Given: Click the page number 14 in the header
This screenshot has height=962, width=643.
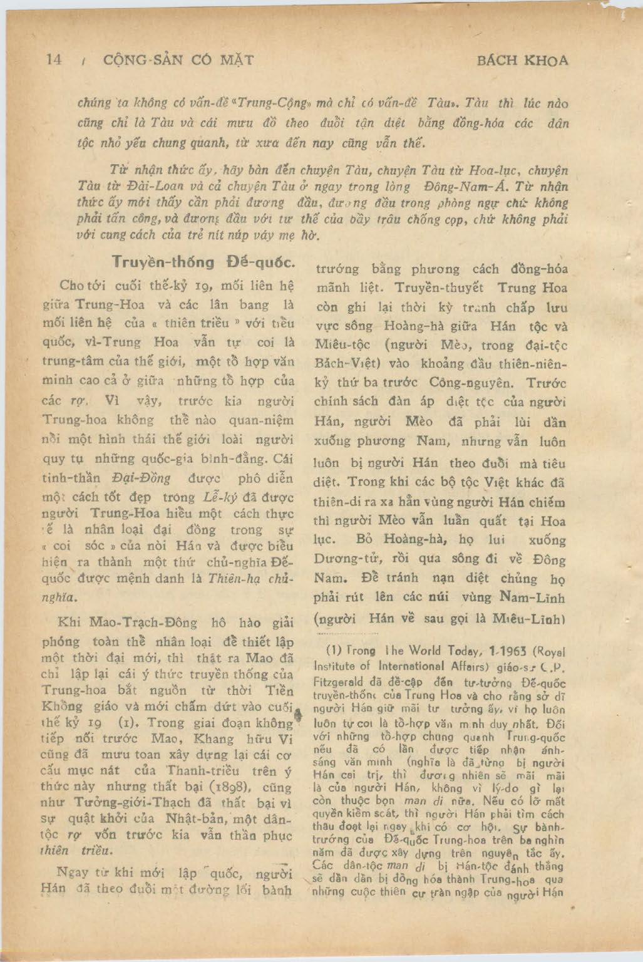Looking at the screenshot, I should (54, 60).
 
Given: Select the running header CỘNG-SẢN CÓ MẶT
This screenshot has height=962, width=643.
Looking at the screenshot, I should (178, 61).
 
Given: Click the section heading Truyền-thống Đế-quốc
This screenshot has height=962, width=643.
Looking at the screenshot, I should (198, 262).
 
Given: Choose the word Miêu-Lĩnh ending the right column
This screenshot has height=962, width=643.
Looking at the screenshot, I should (527, 619).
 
